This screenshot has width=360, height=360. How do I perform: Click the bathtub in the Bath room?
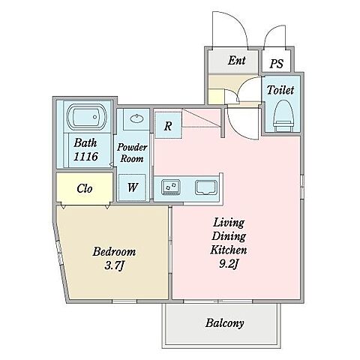coord(87,117)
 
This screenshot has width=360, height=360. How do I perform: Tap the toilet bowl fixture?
coord(283,115)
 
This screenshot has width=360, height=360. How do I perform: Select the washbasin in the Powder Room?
coord(136,118)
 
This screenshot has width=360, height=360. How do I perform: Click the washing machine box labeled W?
coord(132,187)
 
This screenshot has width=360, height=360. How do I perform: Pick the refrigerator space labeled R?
coord(168,125)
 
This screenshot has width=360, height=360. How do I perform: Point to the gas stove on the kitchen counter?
coord(171,187)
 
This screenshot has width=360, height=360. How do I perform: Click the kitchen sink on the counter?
coord(205,187)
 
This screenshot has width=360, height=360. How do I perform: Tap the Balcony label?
coord(224,322)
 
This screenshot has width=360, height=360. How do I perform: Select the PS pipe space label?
coord(276,64)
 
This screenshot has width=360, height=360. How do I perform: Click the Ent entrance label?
coord(236,60)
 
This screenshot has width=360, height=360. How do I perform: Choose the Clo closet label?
coord(85,188)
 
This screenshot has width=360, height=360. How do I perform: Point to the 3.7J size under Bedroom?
coord(114,265)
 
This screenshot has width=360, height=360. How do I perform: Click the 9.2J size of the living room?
coord(229,264)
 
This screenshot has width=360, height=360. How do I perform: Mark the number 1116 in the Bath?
coord(85,157)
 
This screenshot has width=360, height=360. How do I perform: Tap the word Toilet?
coord(280,90)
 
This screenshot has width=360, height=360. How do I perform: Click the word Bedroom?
coord(114,251)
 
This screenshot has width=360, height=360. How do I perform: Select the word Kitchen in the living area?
coord(229,250)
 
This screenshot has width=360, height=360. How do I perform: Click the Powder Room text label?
coord(132,153)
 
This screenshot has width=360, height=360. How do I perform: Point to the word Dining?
coord(229,236)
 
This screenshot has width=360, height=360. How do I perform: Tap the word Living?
coord(229,223)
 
